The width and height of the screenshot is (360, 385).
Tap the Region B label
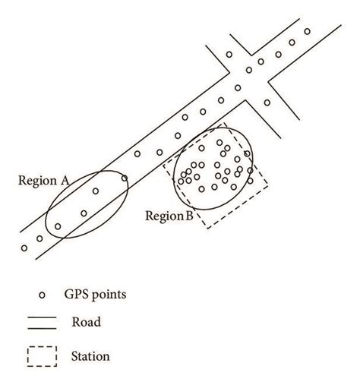coord(169,216)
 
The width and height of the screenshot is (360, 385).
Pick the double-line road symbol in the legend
coord(43,322)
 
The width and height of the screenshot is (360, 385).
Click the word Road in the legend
coord(87,322)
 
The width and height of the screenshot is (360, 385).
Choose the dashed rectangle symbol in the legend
coord(43,355)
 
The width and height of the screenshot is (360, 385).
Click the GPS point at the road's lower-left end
coord(24,248)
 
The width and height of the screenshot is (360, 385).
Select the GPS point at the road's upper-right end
coord(308,31)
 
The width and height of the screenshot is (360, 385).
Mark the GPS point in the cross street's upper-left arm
coord(229,55)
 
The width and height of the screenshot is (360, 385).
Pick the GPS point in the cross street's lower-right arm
coord(267,102)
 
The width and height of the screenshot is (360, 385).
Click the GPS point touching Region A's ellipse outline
coord(125,179)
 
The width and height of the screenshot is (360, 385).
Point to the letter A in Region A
coord(65,181)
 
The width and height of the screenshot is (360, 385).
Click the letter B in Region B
coord(189,216)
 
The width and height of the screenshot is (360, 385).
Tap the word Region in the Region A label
coord(39,181)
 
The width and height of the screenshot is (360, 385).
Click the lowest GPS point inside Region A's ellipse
coord(58,226)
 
